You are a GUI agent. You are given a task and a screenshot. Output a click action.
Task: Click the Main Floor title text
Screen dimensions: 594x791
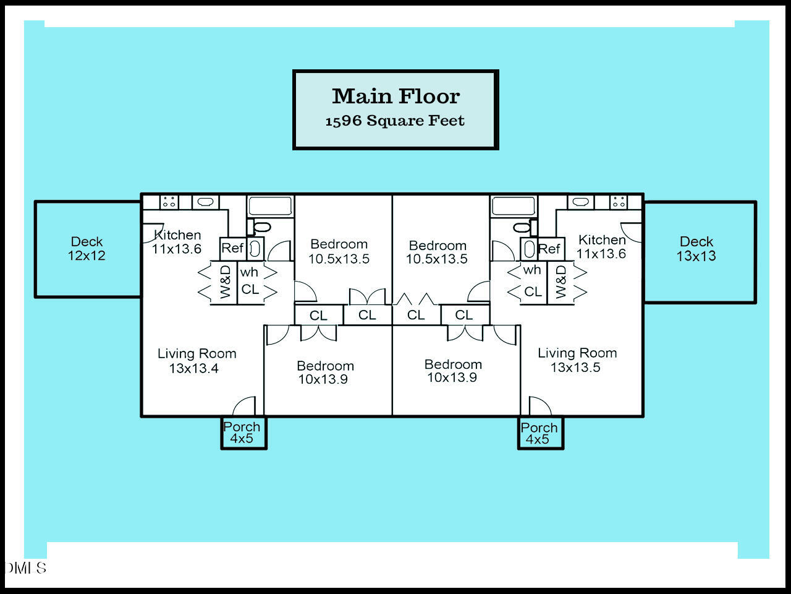(395, 97)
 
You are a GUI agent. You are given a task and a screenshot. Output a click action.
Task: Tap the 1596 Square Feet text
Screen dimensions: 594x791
(395, 121)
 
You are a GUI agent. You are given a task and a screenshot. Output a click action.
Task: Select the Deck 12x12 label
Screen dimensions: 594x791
(87, 248)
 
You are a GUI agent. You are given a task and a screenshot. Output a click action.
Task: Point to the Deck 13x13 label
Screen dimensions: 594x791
(696, 249)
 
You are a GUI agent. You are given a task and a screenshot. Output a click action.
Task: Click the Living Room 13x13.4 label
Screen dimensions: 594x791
(197, 361)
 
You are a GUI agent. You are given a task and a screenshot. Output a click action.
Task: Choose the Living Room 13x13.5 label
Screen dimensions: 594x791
(577, 359)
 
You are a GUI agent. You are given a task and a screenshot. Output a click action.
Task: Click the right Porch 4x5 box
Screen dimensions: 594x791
(539, 433)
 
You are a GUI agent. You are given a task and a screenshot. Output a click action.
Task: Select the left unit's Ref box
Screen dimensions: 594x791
(232, 248)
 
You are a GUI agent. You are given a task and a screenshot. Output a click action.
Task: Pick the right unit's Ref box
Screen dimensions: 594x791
(549, 249)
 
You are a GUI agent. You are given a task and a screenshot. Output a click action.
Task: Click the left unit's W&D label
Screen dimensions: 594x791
(226, 282)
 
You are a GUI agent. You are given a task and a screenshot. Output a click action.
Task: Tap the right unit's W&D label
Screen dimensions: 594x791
(560, 282)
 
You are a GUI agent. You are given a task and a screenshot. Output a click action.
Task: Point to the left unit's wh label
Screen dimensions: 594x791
(249, 272)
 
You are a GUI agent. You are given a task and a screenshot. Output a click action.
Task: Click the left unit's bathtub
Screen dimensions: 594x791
(270, 205)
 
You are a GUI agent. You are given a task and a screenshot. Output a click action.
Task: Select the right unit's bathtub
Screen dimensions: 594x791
(514, 205)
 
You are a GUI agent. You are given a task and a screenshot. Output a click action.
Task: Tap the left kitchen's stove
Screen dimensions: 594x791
(169, 202)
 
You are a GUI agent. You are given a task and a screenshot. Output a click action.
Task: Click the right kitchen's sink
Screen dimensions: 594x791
(580, 202)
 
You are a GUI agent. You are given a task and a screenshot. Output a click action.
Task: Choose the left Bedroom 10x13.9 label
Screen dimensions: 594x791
(325, 372)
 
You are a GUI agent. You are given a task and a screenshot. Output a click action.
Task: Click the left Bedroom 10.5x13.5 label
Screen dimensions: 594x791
(339, 251)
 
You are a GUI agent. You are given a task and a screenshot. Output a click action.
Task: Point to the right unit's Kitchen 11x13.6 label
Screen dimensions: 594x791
(601, 246)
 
